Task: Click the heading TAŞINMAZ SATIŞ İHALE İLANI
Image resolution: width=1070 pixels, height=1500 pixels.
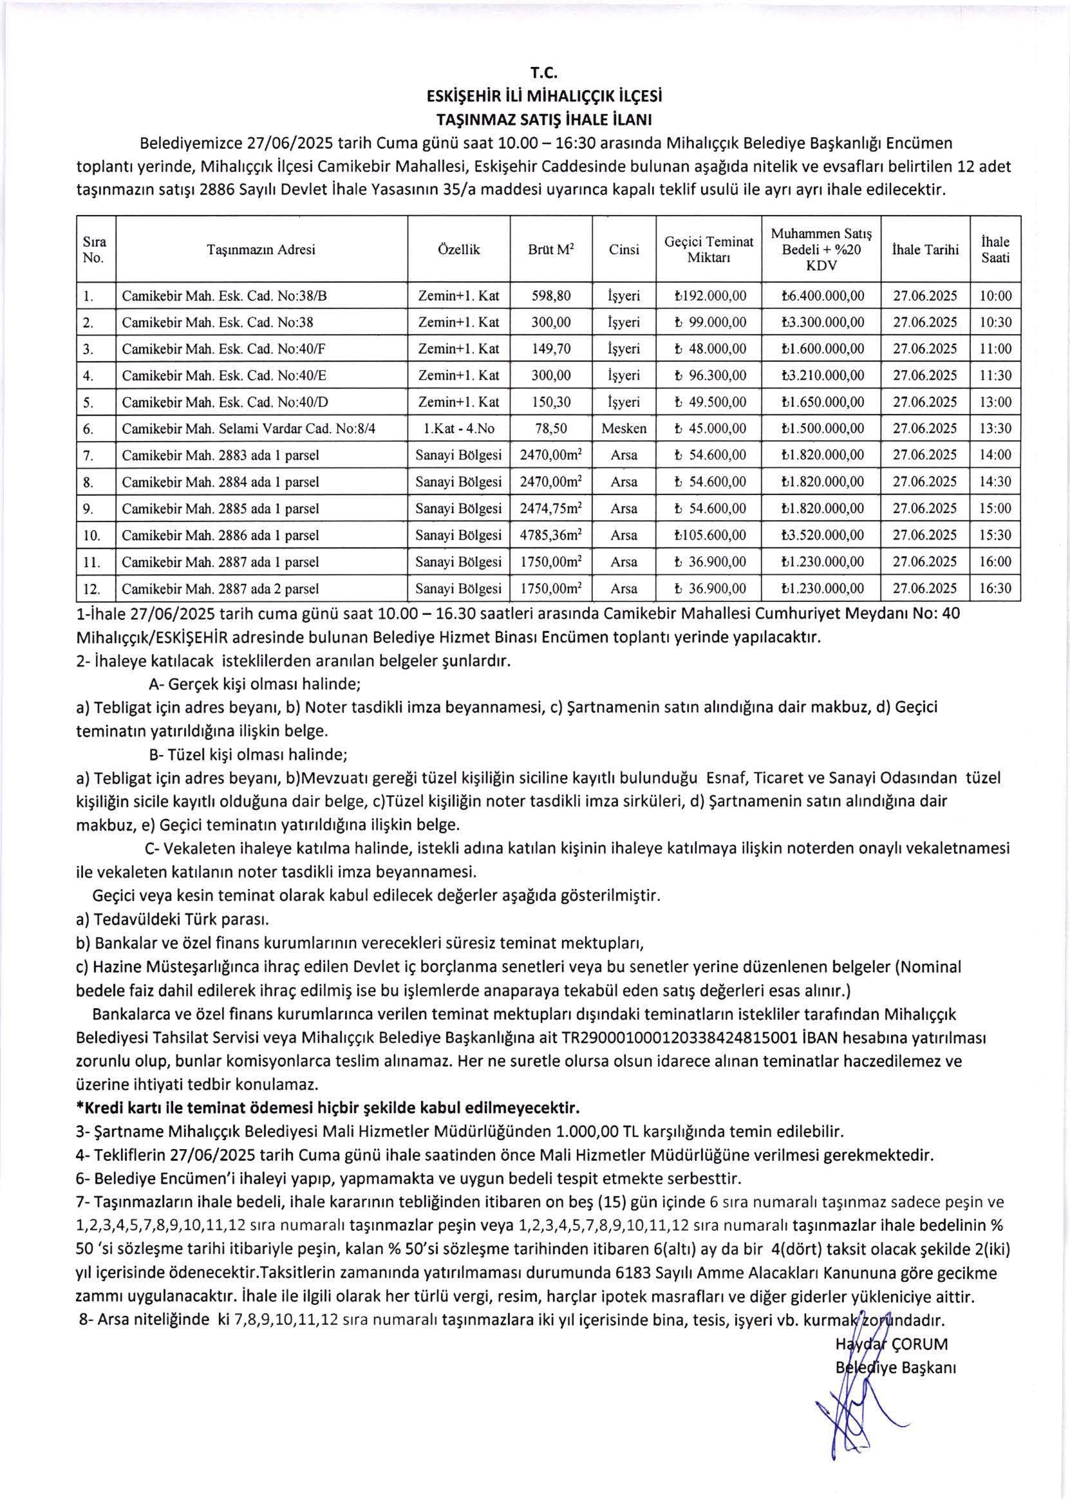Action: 534,120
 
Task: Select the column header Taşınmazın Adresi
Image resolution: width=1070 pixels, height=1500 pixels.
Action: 261,250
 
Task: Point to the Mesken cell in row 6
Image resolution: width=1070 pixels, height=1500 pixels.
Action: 623,429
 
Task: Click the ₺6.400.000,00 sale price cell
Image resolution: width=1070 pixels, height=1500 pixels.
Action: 821,296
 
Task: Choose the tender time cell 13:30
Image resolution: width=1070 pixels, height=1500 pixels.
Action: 995,429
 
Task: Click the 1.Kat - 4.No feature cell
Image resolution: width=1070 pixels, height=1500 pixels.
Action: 458,429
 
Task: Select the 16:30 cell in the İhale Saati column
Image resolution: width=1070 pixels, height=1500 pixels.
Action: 995,589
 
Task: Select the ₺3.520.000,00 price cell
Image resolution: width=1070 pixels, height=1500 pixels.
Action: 821,536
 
